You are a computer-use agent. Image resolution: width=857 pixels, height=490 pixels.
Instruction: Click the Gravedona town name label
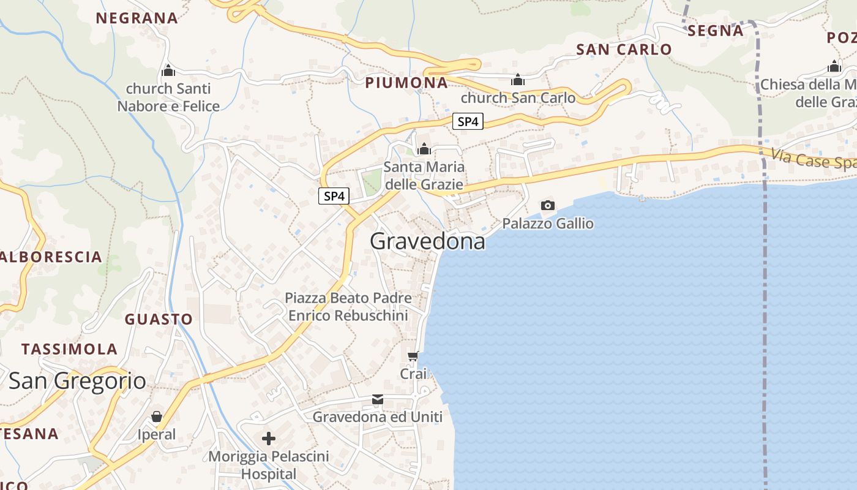click(427, 241)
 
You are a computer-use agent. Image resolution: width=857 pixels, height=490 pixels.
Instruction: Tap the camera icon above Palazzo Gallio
click(548, 205)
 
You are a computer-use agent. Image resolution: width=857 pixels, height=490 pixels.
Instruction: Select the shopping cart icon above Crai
click(413, 356)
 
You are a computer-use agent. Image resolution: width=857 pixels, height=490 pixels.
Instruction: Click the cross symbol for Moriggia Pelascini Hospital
click(268, 439)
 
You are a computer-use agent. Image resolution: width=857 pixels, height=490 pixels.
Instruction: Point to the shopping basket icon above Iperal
click(157, 417)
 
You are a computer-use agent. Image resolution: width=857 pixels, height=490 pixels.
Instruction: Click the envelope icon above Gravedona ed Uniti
click(378, 400)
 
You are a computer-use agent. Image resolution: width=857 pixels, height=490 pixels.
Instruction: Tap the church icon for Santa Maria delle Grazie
click(424, 149)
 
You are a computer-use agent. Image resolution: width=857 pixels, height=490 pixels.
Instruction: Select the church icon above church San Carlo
click(518, 80)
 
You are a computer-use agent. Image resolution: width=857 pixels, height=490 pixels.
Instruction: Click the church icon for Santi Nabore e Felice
click(168, 71)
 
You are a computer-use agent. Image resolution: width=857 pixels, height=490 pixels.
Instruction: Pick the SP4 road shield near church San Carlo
click(468, 121)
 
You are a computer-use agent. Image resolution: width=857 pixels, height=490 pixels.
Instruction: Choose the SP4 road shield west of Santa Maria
click(334, 197)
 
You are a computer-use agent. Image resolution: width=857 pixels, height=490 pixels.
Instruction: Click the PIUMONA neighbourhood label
click(406, 83)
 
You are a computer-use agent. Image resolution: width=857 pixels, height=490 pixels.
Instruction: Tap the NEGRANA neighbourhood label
click(137, 18)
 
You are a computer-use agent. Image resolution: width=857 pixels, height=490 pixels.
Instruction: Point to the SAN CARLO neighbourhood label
click(624, 50)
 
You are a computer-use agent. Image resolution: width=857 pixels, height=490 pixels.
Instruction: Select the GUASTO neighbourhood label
click(159, 319)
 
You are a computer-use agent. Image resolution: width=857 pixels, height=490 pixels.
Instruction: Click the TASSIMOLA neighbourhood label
click(69, 349)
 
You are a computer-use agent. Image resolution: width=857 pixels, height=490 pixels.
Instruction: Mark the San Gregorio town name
click(77, 381)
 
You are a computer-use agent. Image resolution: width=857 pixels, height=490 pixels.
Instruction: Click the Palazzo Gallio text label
click(548, 224)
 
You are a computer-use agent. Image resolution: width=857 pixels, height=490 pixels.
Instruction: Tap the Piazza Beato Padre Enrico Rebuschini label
click(348, 307)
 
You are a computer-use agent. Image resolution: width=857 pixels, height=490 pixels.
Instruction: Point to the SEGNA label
click(715, 30)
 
